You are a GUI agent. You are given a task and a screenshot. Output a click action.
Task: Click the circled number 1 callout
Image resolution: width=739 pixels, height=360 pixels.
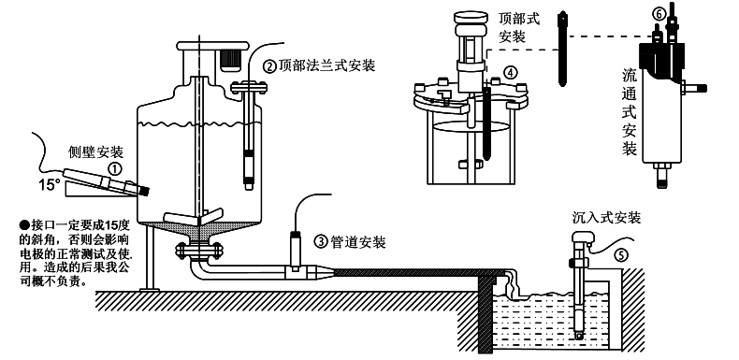[114, 169]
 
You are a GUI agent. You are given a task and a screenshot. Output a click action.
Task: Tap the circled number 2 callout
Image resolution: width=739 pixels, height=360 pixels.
[268, 66]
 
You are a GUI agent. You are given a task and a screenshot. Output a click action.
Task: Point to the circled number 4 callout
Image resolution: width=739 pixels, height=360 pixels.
[510, 72]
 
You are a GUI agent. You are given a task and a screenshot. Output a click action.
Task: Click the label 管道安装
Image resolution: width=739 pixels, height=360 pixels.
[359, 241]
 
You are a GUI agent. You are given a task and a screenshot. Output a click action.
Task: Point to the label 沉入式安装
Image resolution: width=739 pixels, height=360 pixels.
[606, 217]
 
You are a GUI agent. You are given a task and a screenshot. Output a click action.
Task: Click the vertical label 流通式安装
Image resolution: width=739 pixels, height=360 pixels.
[630, 111]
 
